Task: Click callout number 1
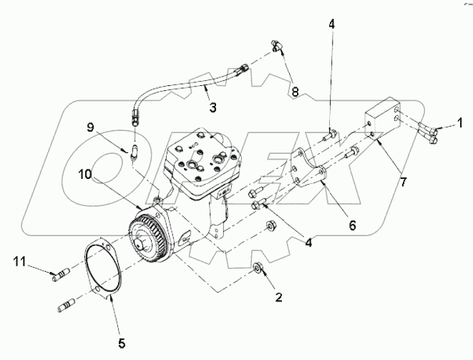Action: point(460,123)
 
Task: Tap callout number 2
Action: point(278,296)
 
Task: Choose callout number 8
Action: point(293,92)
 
